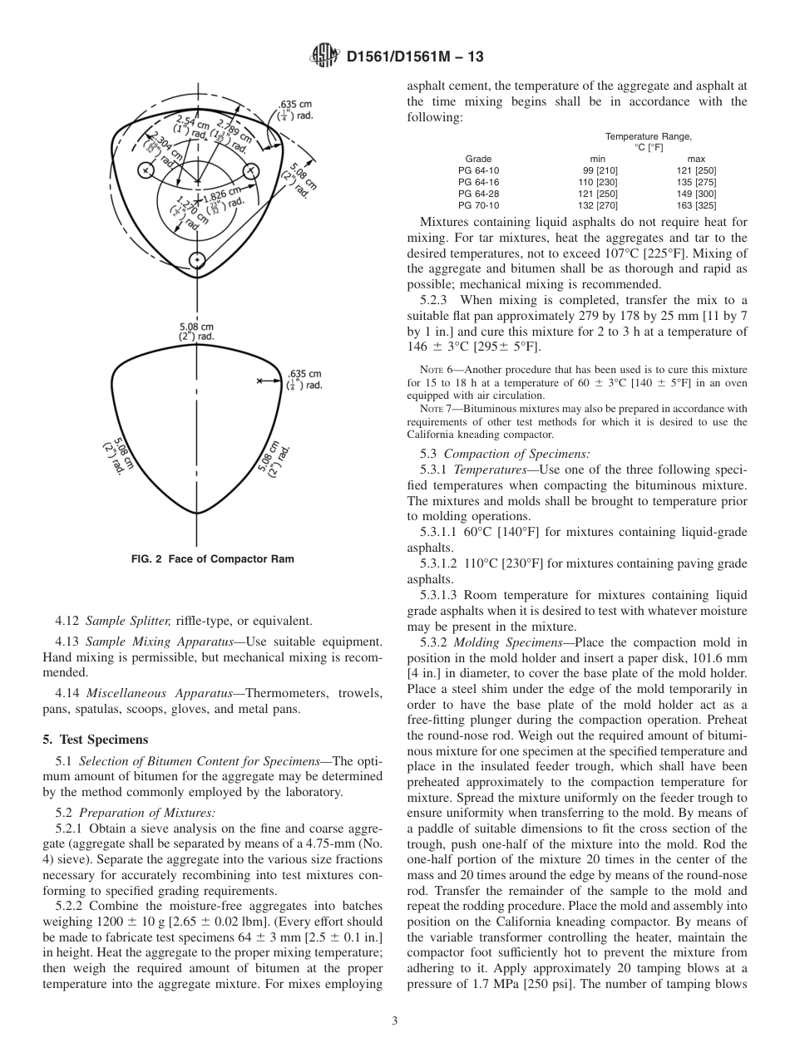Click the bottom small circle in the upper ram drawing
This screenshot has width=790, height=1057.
click(197, 260)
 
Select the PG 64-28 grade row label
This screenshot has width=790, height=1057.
click(478, 193)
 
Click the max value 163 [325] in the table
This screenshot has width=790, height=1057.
click(696, 204)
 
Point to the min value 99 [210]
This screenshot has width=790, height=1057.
click(597, 170)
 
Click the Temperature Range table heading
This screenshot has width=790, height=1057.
click(648, 135)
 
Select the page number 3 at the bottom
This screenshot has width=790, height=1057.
click(394, 1021)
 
